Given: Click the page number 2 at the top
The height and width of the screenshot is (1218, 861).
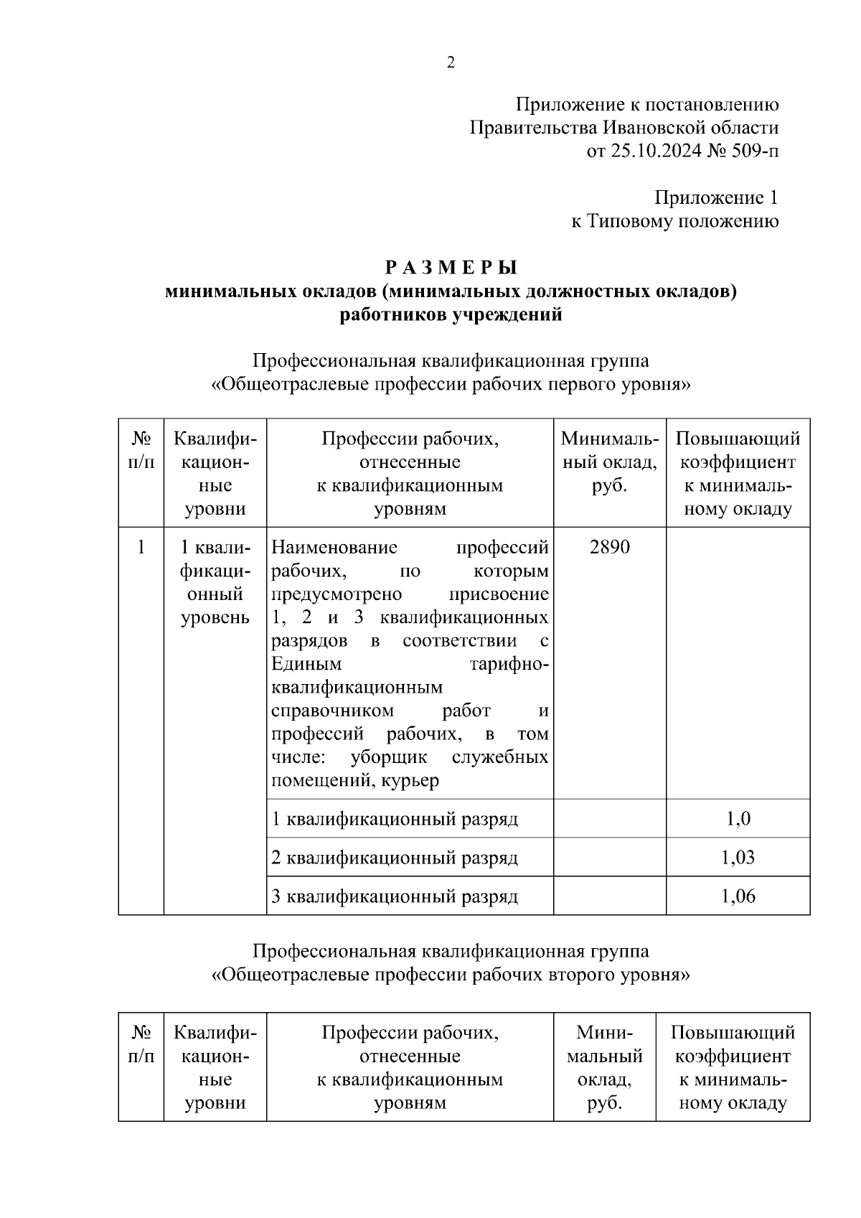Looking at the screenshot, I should [x=451, y=63].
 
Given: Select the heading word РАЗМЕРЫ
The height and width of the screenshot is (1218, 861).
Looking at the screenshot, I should [x=451, y=267].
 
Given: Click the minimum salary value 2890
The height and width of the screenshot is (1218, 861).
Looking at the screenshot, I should [x=609, y=548].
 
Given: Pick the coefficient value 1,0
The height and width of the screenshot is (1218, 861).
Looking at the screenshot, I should [x=738, y=819].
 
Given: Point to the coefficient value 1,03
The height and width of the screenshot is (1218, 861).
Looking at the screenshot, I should [x=738, y=858].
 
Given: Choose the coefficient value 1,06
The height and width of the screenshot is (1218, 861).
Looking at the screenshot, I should [x=738, y=896].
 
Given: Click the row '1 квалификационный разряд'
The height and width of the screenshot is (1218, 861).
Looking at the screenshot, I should [x=395, y=819].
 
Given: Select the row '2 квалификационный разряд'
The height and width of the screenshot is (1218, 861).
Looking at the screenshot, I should [x=395, y=858].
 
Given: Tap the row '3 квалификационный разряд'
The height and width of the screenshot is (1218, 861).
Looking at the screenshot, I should [x=395, y=896].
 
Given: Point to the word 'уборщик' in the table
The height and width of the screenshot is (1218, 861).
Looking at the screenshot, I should [x=389, y=757].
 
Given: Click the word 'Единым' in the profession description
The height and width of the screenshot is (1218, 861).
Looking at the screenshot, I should [x=306, y=664].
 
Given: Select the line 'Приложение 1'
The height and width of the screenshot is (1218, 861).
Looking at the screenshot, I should [x=716, y=197].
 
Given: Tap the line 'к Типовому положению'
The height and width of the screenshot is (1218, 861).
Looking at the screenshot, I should [x=674, y=221].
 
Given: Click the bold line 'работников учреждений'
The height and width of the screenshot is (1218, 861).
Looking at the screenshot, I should [x=451, y=314].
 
